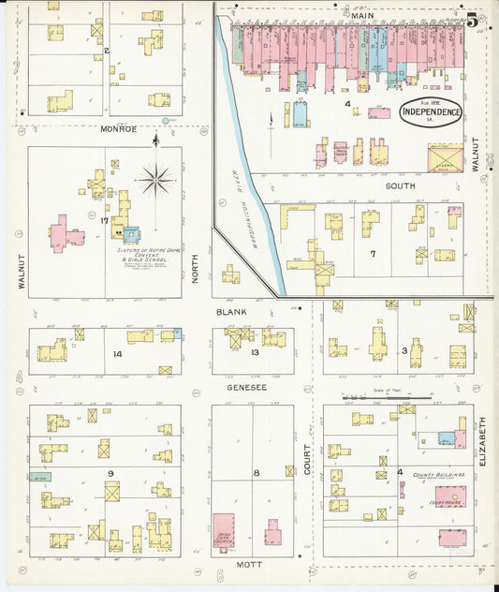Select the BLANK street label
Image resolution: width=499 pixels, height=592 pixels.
point(230,312)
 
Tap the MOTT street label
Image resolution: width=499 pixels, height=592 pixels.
point(249,565)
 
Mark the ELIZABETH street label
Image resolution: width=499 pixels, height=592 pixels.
point(483,442)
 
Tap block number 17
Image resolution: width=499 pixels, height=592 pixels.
point(106,222)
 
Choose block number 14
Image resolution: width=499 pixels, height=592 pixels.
point(117,354)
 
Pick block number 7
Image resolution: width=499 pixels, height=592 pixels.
point(372,254)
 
